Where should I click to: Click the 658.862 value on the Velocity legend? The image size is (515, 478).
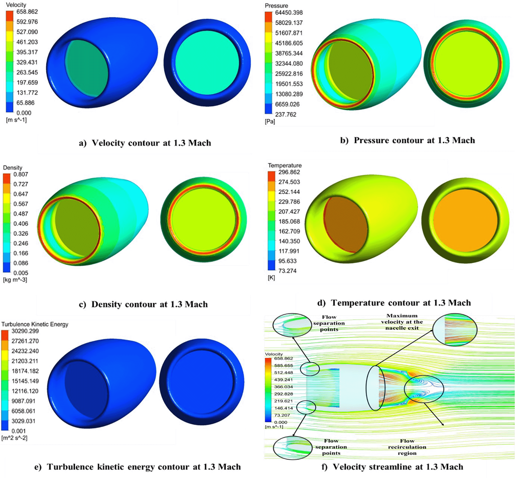point(27,12)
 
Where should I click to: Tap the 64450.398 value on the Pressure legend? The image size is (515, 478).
point(289,13)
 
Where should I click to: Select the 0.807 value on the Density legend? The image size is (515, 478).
point(21,174)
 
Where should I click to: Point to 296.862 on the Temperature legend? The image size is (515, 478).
point(289,172)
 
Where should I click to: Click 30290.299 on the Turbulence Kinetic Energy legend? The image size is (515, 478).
point(25,331)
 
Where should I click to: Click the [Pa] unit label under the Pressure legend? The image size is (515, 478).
point(270,121)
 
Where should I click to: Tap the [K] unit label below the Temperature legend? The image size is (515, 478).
point(271,278)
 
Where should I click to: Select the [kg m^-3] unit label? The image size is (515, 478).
point(15,280)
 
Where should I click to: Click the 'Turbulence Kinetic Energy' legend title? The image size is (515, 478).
point(35,324)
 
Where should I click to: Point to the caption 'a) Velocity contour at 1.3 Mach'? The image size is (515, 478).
point(145,143)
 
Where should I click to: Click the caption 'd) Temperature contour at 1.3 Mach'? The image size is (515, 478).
point(394,303)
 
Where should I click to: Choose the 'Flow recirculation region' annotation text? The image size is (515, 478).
point(407,447)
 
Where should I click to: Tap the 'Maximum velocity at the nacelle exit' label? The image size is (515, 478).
point(402,322)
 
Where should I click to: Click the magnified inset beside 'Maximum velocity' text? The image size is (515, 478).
point(455,330)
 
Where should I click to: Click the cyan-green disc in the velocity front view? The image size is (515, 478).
point(207,63)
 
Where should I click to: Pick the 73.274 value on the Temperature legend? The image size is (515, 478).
point(287,271)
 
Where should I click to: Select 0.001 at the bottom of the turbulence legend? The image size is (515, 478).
point(19,431)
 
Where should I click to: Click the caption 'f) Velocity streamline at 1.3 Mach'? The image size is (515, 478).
point(392,467)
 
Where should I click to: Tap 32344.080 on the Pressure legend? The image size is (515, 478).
point(289,64)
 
